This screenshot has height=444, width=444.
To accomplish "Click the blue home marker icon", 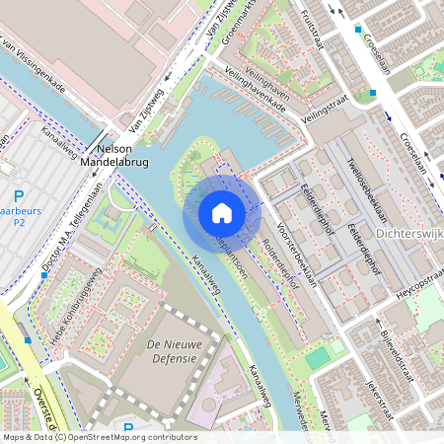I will coord(222,212).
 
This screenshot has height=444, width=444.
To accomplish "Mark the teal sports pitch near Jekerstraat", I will coord(318,358).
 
